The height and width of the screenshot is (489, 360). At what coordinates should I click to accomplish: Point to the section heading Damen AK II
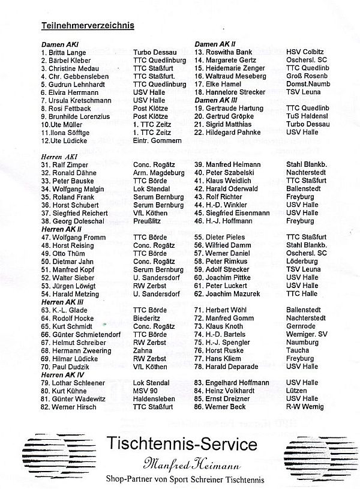coord(215,44)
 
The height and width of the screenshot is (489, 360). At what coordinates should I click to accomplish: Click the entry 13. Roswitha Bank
coord(224,53)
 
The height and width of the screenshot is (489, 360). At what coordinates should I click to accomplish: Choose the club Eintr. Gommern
coord(157,140)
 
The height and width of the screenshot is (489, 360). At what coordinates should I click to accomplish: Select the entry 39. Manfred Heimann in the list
coord(229,164)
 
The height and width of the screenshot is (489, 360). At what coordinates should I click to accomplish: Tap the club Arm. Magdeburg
coord(160,173)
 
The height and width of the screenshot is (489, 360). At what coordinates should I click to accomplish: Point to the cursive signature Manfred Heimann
coord(183,462)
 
